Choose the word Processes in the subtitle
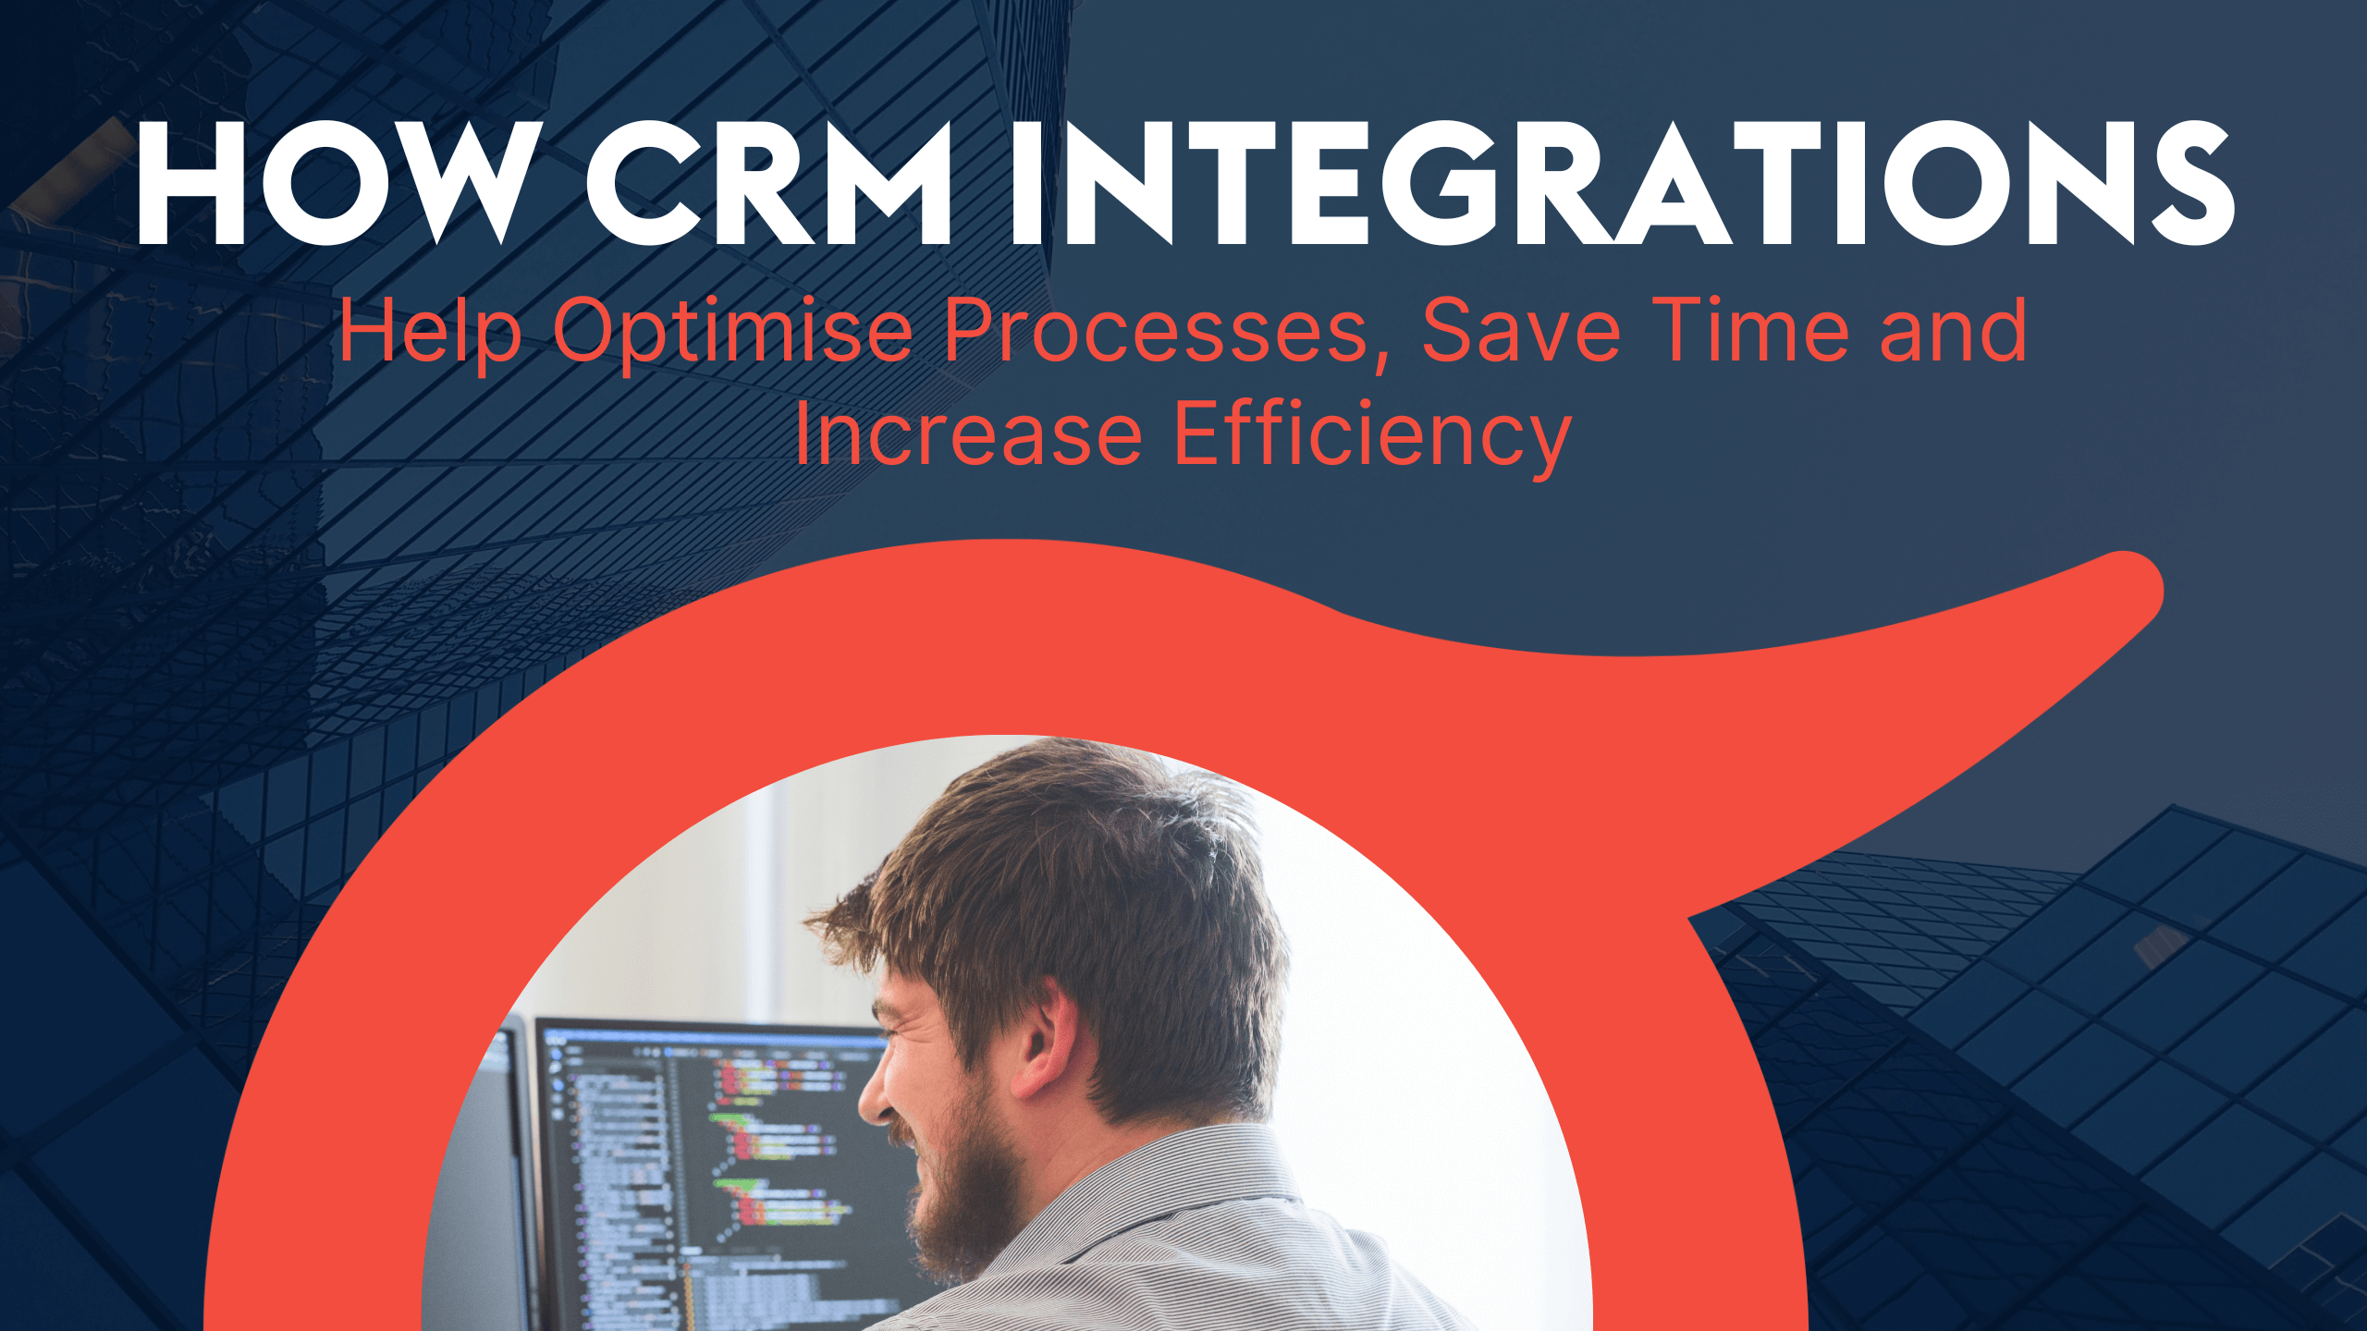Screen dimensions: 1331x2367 pyautogui.click(x=1156, y=331)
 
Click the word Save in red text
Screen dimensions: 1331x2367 pyautogui.click(x=1520, y=331)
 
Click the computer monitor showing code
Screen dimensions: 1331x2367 pyautogui.click(x=712, y=1155)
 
